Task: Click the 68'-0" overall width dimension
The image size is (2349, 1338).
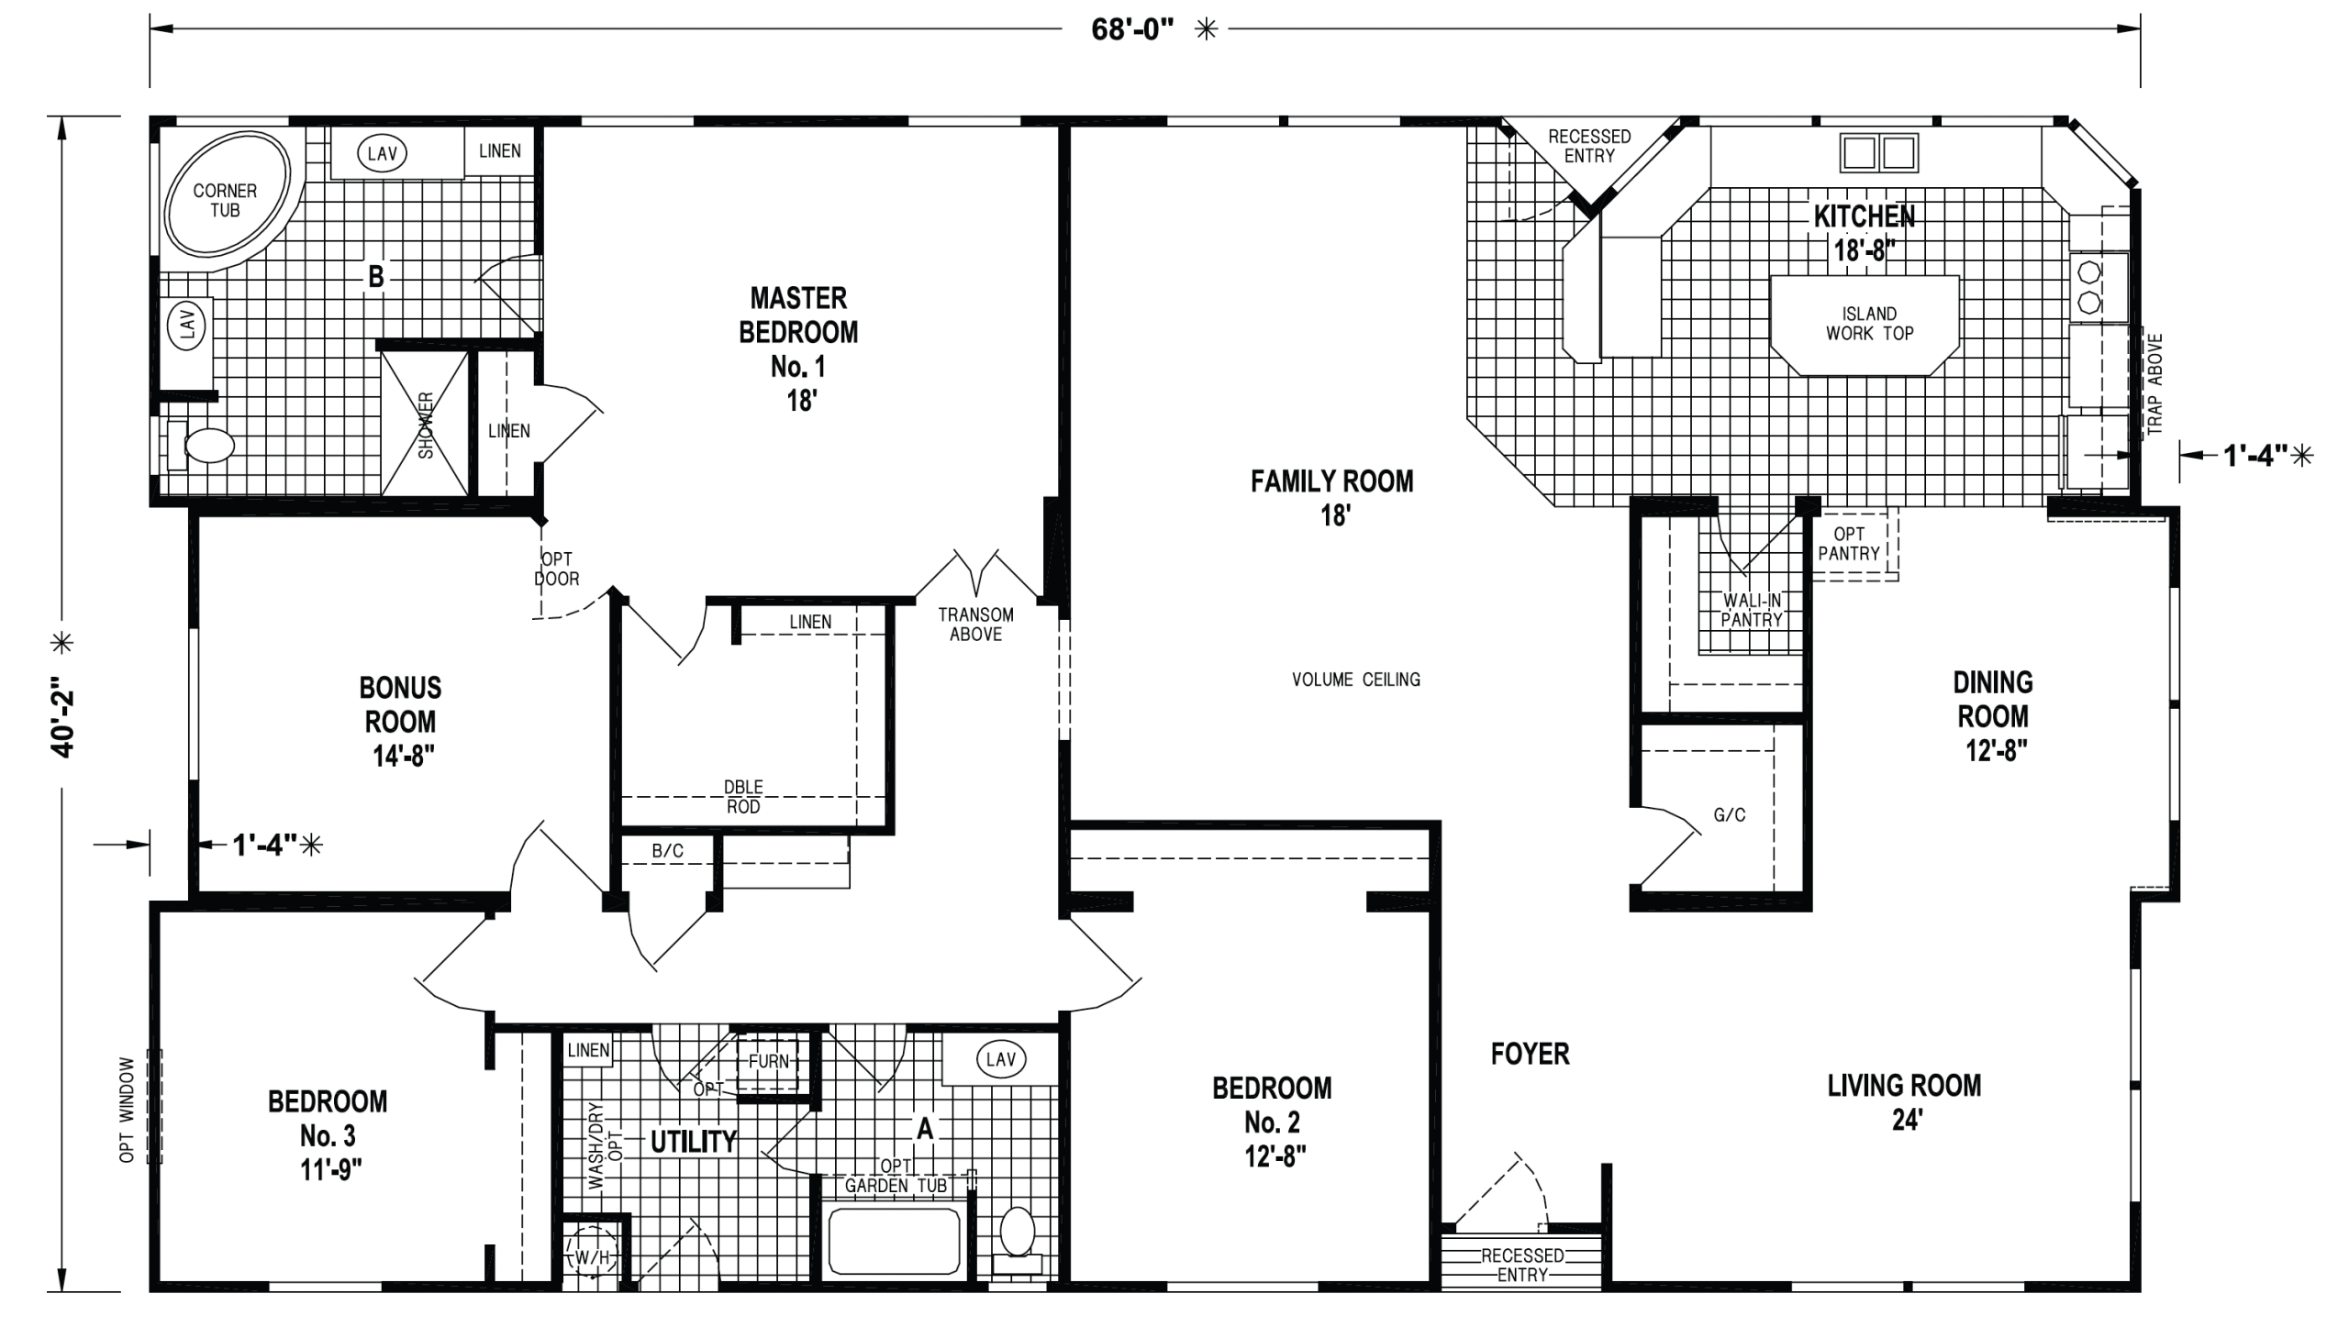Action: (x=1131, y=29)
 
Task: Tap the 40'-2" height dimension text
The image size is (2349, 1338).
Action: (x=62, y=717)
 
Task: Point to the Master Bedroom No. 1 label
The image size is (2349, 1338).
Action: (x=798, y=349)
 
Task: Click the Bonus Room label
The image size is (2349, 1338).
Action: (x=401, y=722)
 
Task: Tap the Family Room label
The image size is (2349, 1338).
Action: (x=1332, y=498)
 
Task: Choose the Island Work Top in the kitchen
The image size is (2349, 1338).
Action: (x=1865, y=325)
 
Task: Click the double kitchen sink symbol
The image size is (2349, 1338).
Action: (x=1879, y=152)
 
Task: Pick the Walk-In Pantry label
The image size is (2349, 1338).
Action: (x=1752, y=610)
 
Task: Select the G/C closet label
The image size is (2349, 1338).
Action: (x=1730, y=815)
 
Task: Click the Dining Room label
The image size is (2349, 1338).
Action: (x=1993, y=717)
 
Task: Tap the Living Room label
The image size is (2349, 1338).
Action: (x=1904, y=1102)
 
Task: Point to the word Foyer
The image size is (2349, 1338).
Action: (x=1530, y=1054)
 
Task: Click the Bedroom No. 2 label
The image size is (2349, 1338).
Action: (x=1273, y=1122)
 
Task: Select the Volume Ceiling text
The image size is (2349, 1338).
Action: (x=1356, y=680)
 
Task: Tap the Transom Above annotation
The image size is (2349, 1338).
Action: (x=975, y=624)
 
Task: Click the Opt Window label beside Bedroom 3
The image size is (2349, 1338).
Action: (x=127, y=1109)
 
